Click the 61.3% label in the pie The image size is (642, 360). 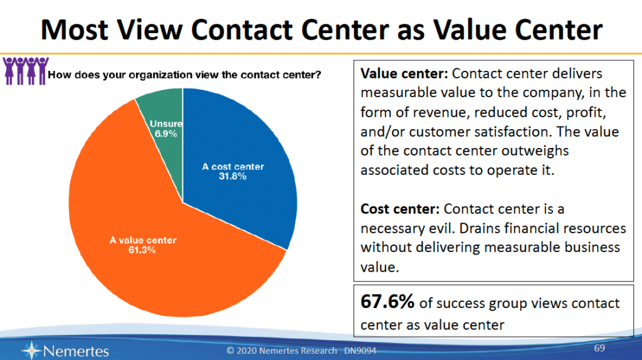(142, 250)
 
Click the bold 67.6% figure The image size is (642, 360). (386, 302)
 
